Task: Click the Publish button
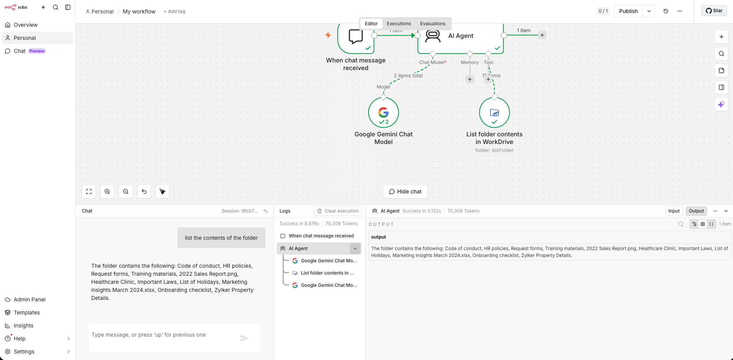tap(628, 11)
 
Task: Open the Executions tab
tap(398, 24)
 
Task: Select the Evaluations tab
tap(433, 24)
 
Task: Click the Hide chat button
tap(405, 191)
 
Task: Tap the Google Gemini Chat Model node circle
tap(383, 113)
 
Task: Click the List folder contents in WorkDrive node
tap(494, 113)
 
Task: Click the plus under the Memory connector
tap(470, 79)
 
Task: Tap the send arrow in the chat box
tap(244, 338)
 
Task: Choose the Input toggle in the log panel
tap(674, 211)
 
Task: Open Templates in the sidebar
tap(26, 313)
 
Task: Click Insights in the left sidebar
tap(23, 326)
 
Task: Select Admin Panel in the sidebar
tap(30, 299)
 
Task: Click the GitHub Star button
tap(714, 11)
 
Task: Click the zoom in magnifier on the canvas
tap(107, 191)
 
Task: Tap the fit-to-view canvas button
tap(89, 191)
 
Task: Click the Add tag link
tap(174, 11)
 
